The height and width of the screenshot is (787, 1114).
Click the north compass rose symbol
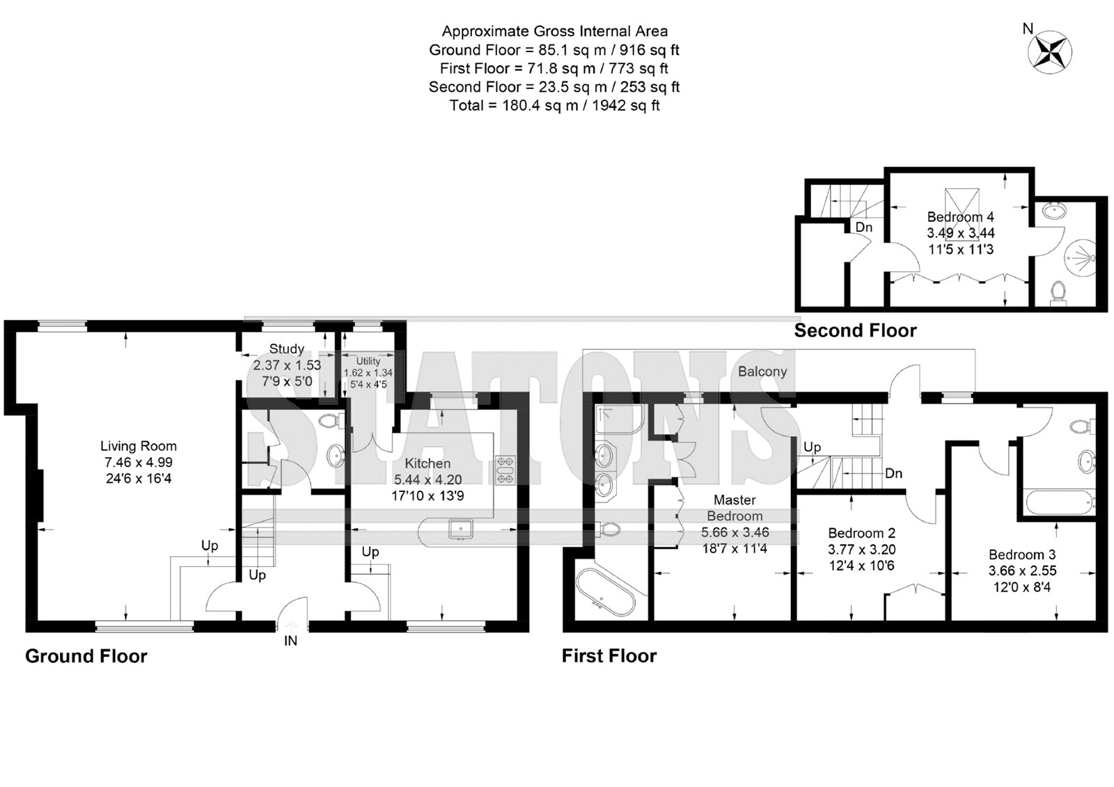pos(1050,52)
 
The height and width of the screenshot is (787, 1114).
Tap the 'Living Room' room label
pos(139,446)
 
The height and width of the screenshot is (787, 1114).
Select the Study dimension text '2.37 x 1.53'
pos(287,365)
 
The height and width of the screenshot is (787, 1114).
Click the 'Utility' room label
pos(368,361)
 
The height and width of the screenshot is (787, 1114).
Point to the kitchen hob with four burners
pos(505,470)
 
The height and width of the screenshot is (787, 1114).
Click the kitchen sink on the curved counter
pos(460,529)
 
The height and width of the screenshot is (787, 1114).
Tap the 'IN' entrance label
pos(290,641)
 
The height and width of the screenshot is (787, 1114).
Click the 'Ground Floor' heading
pos(86,656)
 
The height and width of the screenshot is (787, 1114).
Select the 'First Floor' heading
pos(609,656)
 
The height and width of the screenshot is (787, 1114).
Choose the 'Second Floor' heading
pos(855,331)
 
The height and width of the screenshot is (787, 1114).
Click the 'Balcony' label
pos(762,372)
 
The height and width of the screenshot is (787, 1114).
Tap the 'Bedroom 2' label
pos(861,533)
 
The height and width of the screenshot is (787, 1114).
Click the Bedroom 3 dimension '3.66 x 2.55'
pos(1022,571)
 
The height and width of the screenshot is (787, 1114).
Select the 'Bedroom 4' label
pos(960,217)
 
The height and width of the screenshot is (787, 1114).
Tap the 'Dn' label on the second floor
pos(864,228)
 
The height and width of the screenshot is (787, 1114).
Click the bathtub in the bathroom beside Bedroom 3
pos(1058,502)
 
